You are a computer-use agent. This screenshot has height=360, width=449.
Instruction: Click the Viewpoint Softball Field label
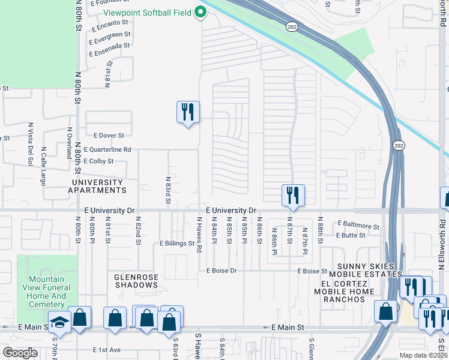(x=146, y=13)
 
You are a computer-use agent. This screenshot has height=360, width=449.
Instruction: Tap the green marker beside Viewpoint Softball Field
(x=201, y=12)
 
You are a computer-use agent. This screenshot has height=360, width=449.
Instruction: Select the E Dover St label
(x=104, y=136)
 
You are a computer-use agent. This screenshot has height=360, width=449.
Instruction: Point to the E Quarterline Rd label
(x=107, y=149)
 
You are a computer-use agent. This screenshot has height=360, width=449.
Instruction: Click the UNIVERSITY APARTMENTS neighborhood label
(x=100, y=185)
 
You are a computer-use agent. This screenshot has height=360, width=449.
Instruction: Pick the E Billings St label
(x=177, y=244)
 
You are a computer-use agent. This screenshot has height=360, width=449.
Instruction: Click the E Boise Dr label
(x=221, y=271)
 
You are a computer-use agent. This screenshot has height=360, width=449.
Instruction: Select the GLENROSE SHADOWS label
(x=136, y=281)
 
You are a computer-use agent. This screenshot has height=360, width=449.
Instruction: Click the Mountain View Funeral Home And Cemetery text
(x=47, y=292)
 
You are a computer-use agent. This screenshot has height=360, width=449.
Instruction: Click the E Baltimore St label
(x=358, y=227)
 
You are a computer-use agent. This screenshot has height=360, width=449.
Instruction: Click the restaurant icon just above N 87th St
(x=293, y=194)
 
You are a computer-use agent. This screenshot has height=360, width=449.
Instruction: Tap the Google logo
(x=20, y=352)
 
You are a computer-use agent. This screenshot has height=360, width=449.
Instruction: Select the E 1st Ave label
(x=107, y=350)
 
